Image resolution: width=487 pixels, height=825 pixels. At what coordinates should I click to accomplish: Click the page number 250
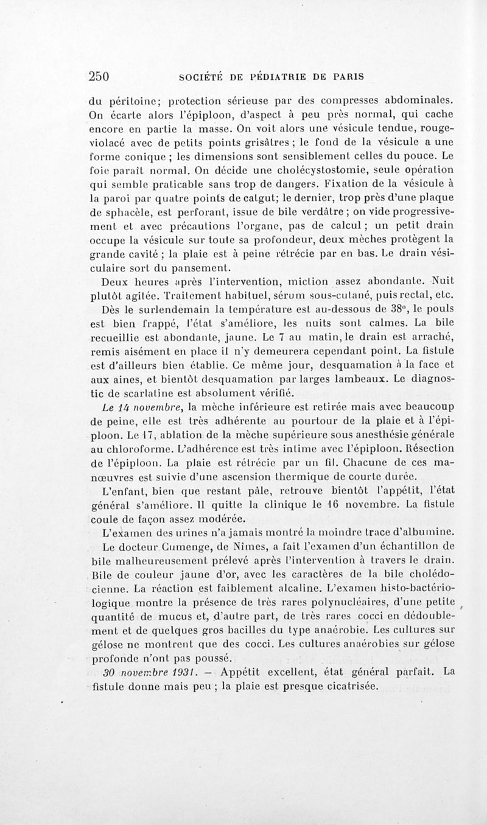click(x=98, y=77)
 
